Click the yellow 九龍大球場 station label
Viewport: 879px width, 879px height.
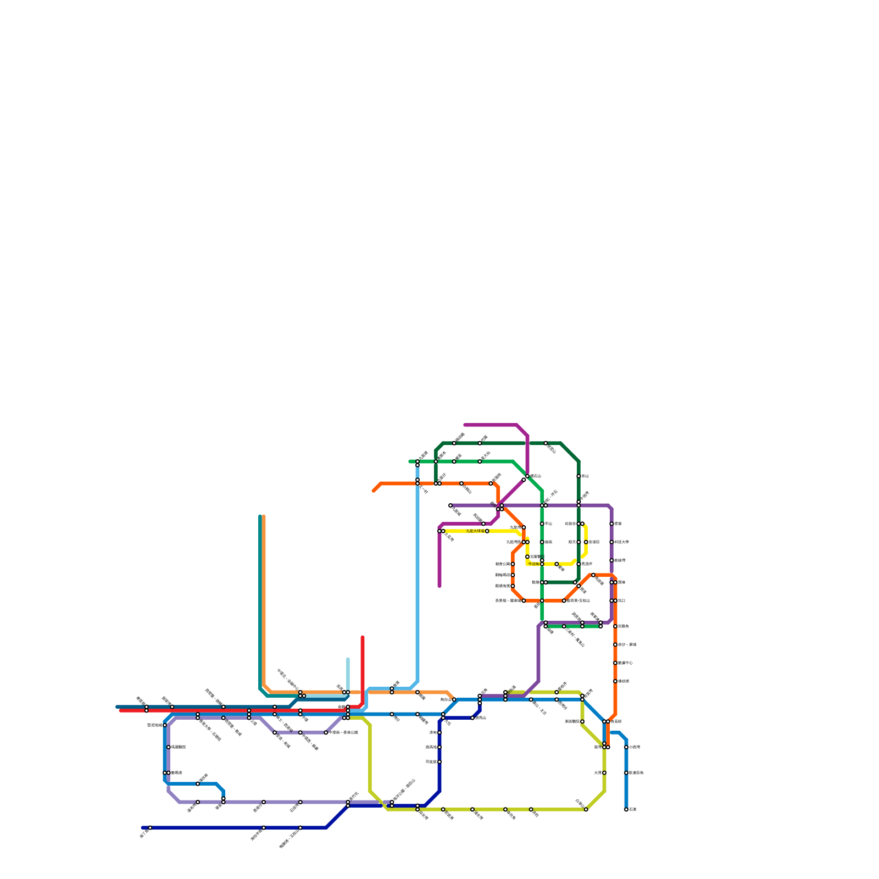point(475,531)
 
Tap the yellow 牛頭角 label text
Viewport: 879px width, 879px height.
point(533,564)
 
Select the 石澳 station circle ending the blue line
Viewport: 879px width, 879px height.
point(626,809)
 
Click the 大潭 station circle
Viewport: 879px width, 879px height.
point(604,773)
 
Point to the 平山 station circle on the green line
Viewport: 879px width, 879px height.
point(542,524)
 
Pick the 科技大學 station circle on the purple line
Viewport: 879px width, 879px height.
point(611,542)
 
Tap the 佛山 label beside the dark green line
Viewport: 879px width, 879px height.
point(585,476)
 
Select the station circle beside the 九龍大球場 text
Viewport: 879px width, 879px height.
point(487,531)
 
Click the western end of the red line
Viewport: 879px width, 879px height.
point(121,710)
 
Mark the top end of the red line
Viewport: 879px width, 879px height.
point(363,637)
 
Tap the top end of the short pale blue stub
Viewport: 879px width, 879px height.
point(348,659)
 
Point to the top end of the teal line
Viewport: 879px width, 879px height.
point(260,516)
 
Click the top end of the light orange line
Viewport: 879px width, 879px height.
point(264,516)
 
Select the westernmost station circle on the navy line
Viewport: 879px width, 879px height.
point(150,827)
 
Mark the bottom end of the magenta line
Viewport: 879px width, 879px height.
point(439,586)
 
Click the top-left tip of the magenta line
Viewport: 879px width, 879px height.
point(465,425)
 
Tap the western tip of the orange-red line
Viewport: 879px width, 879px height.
point(374,491)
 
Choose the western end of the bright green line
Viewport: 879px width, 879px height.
point(410,461)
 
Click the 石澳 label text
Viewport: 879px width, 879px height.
point(633,809)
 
